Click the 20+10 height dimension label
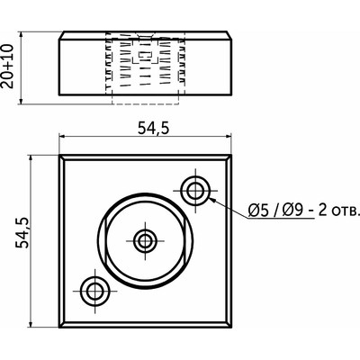coord(7,66)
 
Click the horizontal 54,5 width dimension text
coord(154,129)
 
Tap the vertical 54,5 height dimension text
coord(22,232)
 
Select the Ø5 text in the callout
coord(257,211)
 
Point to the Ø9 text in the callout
coord(292,211)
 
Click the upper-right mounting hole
coord(195,190)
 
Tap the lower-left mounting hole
coord(94,291)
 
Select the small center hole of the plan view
coord(145,240)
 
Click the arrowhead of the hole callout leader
coord(212,200)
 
